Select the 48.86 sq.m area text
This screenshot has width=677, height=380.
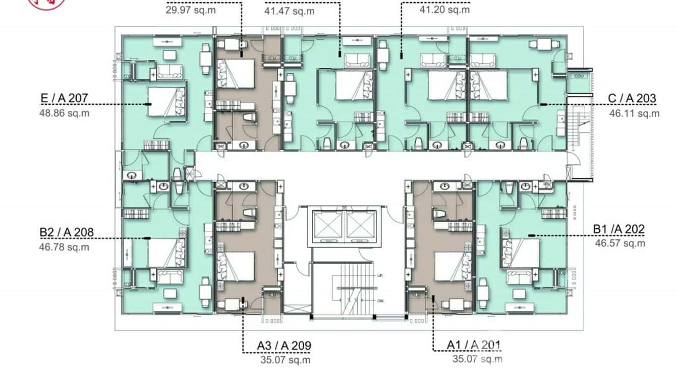(64, 113)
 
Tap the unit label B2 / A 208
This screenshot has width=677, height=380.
(67, 232)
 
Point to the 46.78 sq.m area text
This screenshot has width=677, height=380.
(64, 247)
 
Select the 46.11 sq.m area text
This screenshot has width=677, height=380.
(634, 113)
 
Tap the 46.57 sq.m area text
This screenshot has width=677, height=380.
(620, 243)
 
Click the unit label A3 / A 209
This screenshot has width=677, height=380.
(284, 346)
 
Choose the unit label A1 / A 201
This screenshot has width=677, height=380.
(474, 345)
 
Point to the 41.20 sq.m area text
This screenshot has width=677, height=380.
(444, 10)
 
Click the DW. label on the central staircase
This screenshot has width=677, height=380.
(380, 300)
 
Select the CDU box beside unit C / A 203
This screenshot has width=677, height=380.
(578, 76)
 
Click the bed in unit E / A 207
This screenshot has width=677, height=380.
(166, 101)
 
